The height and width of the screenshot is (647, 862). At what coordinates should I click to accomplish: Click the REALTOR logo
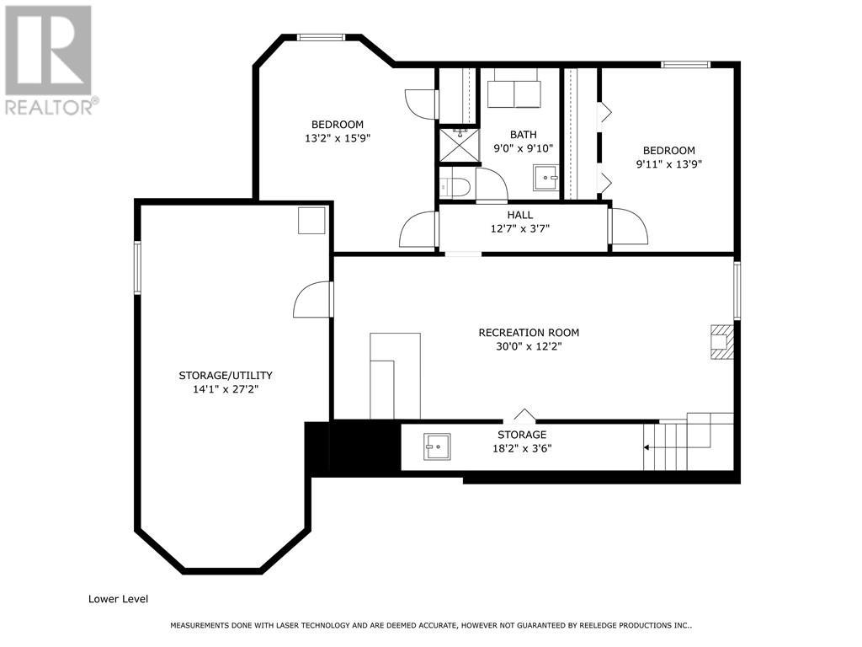pyautogui.click(x=48, y=60)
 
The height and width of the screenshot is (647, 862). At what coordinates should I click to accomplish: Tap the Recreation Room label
pyautogui.click(x=529, y=333)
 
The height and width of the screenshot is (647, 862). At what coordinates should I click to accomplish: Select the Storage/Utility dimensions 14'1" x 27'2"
pyautogui.click(x=225, y=390)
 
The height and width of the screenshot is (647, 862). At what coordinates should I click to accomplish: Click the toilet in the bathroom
pyautogui.click(x=455, y=186)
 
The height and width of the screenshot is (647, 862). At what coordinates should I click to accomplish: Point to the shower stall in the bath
pyautogui.click(x=457, y=145)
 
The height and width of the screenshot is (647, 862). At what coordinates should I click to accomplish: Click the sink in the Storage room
pyautogui.click(x=436, y=447)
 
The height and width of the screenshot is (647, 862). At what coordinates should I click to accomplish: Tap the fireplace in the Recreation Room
pyautogui.click(x=721, y=341)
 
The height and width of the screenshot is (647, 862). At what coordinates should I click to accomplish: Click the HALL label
pyautogui.click(x=519, y=215)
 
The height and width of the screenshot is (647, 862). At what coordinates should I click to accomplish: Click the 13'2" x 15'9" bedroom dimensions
pyautogui.click(x=337, y=139)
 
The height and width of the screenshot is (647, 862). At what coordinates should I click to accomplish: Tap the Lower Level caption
pyautogui.click(x=118, y=599)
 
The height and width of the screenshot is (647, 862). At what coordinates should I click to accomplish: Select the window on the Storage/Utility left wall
pyautogui.click(x=137, y=268)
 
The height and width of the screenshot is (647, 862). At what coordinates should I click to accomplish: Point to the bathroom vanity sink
pyautogui.click(x=546, y=177)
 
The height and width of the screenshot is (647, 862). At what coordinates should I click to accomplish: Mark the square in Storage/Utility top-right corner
pyautogui.click(x=311, y=221)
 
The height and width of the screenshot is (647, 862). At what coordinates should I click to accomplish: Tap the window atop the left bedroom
pyautogui.click(x=322, y=37)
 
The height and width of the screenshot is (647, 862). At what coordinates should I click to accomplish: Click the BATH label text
pyautogui.click(x=523, y=135)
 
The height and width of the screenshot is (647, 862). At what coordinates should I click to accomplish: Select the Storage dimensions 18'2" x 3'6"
pyautogui.click(x=521, y=448)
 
